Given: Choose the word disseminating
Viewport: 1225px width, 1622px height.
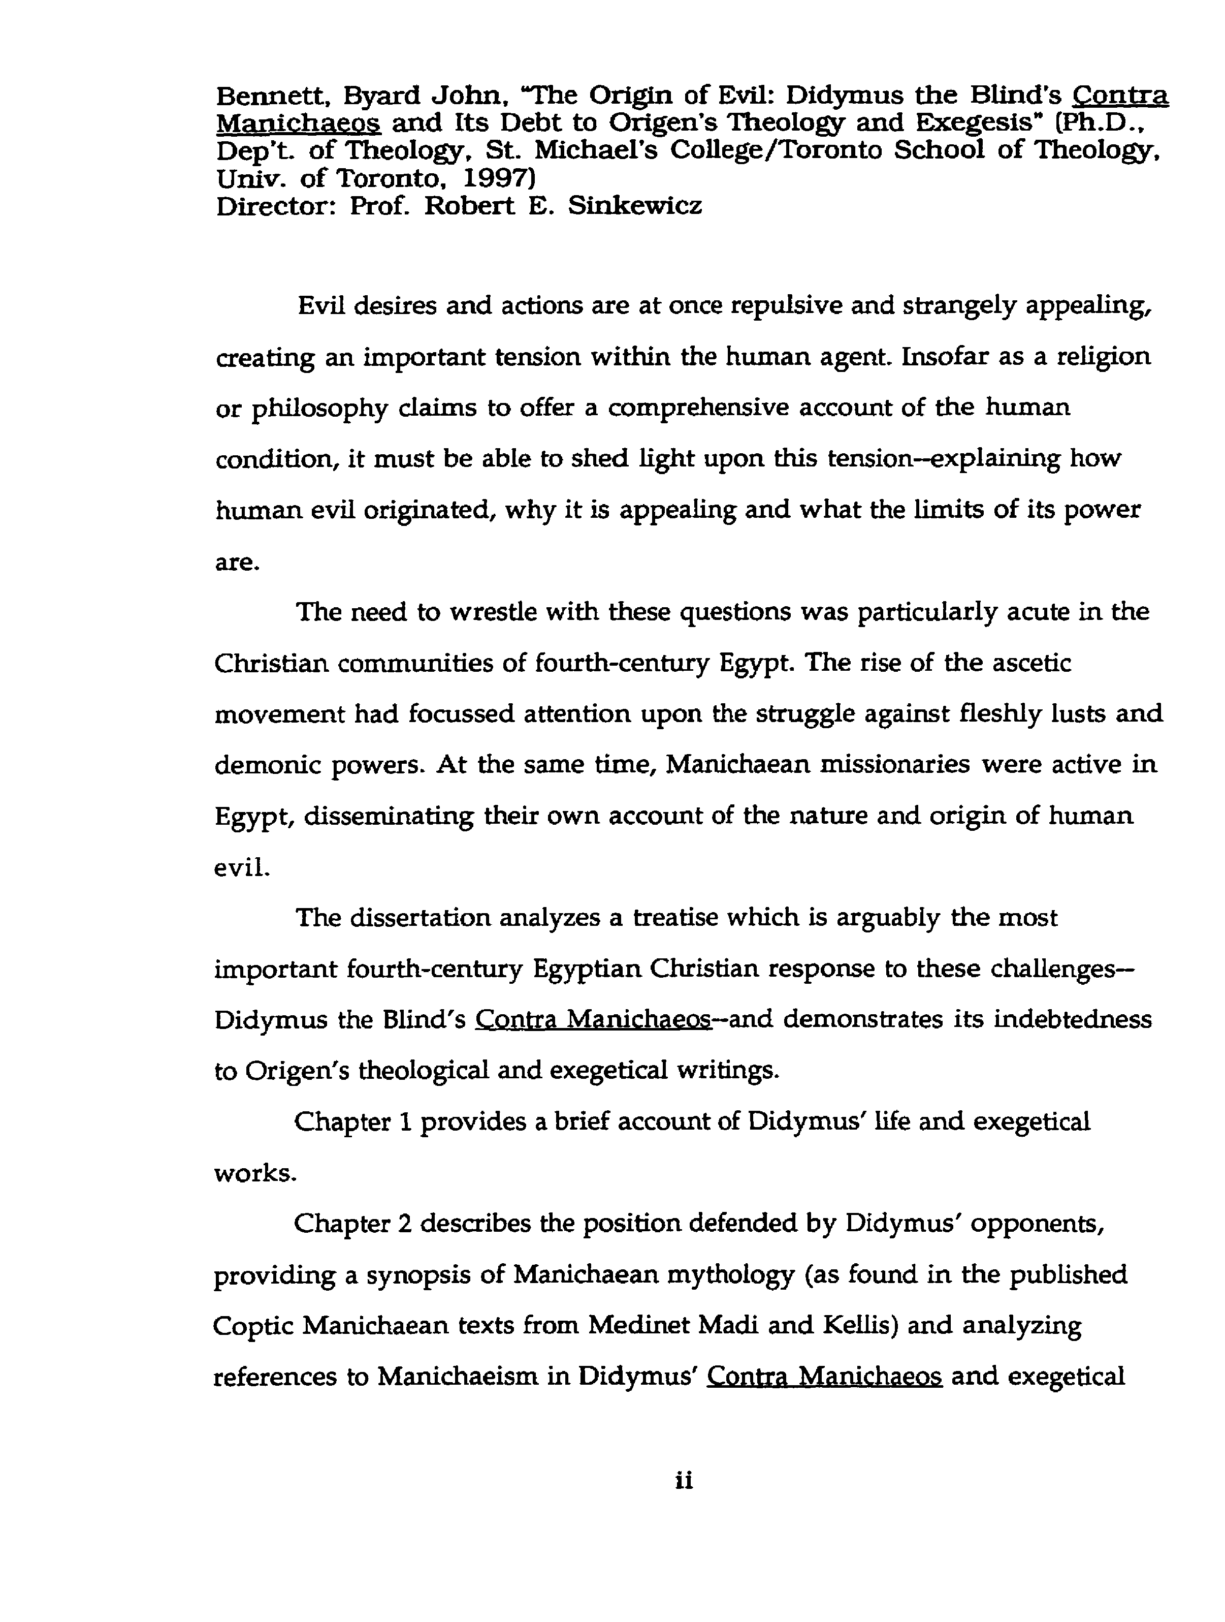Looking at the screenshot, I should (389, 816).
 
